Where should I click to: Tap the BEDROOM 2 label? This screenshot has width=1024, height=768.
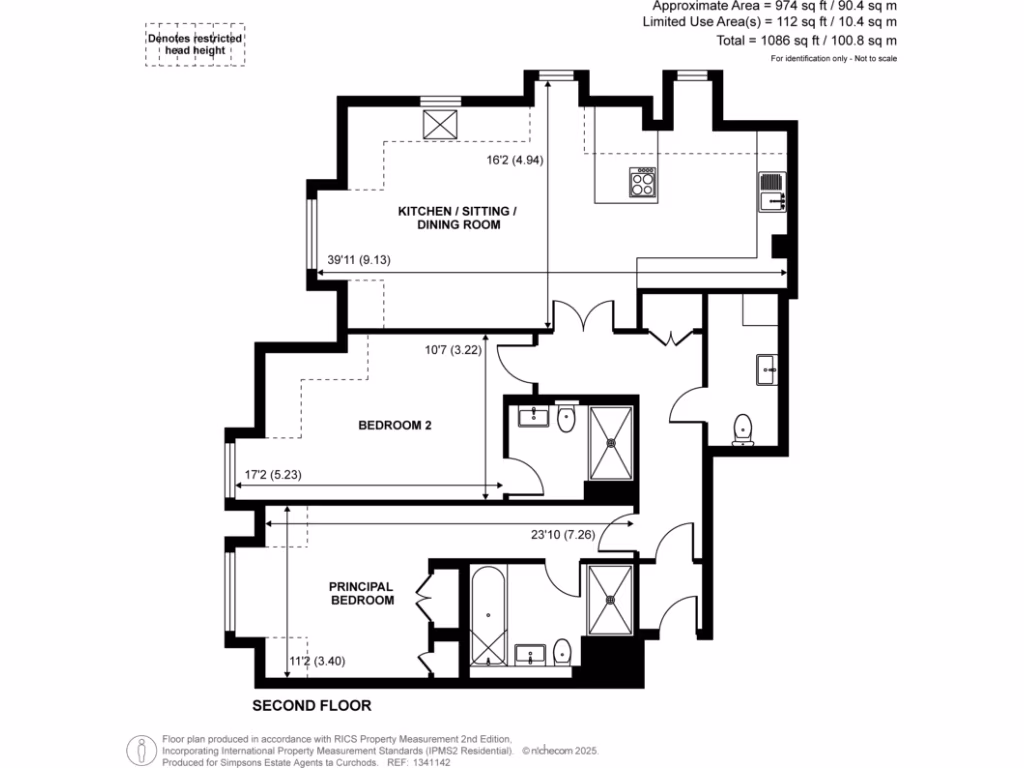tap(395, 426)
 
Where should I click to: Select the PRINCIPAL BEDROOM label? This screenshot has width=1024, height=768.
tap(362, 593)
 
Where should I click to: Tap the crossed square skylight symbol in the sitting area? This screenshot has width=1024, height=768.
tap(439, 124)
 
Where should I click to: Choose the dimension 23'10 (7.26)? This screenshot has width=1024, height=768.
tap(564, 534)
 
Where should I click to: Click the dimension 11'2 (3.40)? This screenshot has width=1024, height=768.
tap(315, 660)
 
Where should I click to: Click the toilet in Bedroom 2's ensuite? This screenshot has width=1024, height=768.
tap(565, 420)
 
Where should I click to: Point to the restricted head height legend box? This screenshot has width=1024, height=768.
tap(196, 46)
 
